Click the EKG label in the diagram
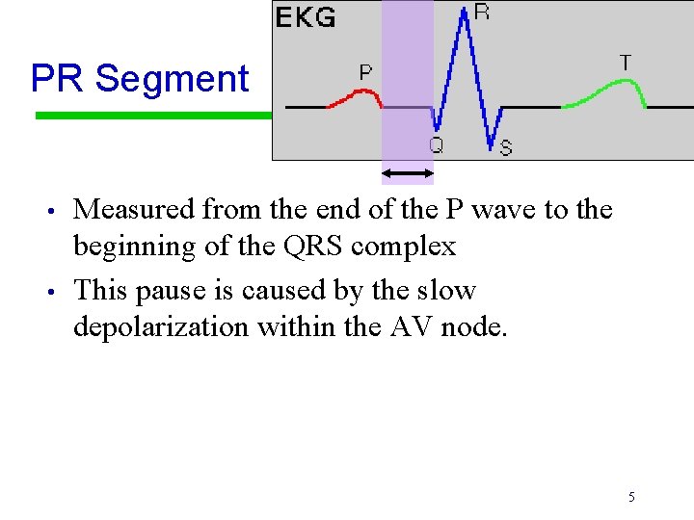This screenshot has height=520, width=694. pos(307,16)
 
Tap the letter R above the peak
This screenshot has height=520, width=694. pos(481,12)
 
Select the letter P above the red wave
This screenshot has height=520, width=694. pos(366,71)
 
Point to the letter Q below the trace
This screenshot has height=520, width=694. pos(436,145)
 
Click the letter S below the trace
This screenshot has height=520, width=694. pos(506,147)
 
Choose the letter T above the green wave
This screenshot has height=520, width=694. pos(625,63)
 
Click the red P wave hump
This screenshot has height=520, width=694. pos(361,93)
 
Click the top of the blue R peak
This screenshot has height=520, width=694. pos(466,12)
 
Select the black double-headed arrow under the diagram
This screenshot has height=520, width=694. pos(408,173)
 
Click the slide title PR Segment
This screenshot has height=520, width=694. pos(140,78)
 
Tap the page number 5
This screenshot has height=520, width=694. pos(631,497)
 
